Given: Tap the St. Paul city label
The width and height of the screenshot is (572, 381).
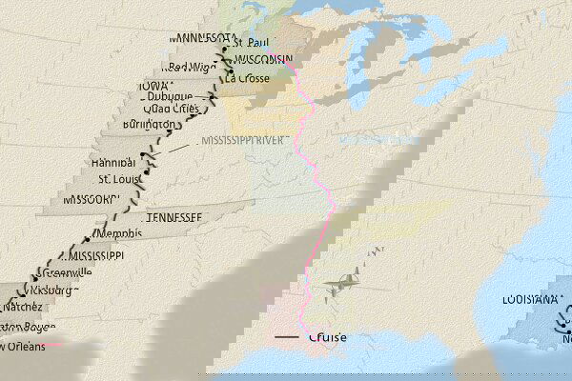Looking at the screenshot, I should point(251,43).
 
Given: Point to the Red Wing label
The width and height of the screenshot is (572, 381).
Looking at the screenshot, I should point(187,67).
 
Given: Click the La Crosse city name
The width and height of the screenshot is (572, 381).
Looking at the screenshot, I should point(246,78).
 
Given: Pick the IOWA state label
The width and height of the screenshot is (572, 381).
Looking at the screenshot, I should point(153,86).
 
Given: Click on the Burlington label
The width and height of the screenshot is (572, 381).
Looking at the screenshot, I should point(150,125).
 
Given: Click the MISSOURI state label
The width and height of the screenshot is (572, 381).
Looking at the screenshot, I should point(92,200).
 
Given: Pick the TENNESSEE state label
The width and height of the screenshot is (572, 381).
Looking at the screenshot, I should point(174,218).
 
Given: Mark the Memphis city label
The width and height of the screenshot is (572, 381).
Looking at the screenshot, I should point(118,233).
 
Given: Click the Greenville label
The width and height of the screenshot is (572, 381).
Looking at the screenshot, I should point(67,272).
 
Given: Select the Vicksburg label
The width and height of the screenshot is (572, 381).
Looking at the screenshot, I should point(47,290).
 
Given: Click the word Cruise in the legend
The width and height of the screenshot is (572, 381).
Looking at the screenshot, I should point(328,338).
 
